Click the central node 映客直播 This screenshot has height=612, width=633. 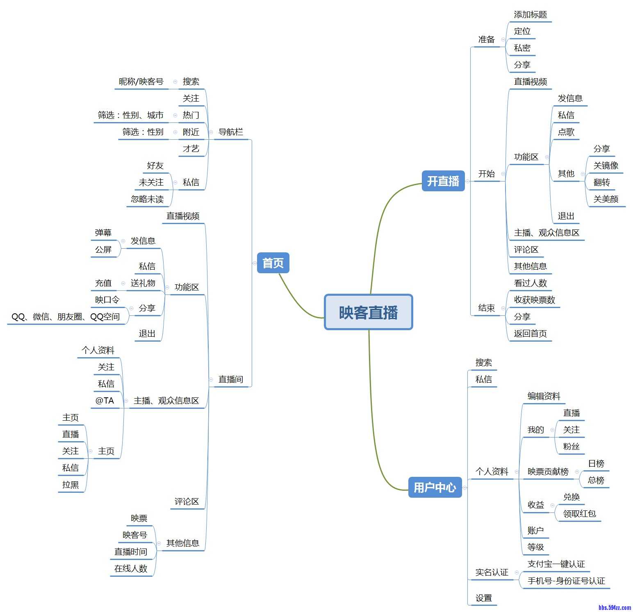(x=368, y=312)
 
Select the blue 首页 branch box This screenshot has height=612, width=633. (x=273, y=263)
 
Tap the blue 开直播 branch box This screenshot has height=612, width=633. (x=443, y=181)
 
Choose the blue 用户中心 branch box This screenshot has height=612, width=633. (x=435, y=487)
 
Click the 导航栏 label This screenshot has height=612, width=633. (x=230, y=132)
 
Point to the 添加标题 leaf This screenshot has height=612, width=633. (x=530, y=15)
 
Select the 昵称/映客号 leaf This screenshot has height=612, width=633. (x=141, y=82)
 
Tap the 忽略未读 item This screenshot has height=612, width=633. (x=147, y=199)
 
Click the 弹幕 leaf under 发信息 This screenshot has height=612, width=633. (x=103, y=233)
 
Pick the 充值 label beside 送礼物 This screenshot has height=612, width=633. (x=103, y=283)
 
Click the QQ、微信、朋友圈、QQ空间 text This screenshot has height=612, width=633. (x=66, y=317)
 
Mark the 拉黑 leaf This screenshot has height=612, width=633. (x=71, y=485)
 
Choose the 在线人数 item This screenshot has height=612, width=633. (x=131, y=569)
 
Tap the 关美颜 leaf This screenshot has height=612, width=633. (x=606, y=199)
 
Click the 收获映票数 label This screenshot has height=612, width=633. (x=534, y=300)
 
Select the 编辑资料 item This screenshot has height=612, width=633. (x=544, y=396)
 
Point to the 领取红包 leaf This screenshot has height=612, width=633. (x=579, y=514)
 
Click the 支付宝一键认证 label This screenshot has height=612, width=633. (x=556, y=564)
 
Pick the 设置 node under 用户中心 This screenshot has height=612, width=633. (x=484, y=598)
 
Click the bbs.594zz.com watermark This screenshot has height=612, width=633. (x=614, y=607)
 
